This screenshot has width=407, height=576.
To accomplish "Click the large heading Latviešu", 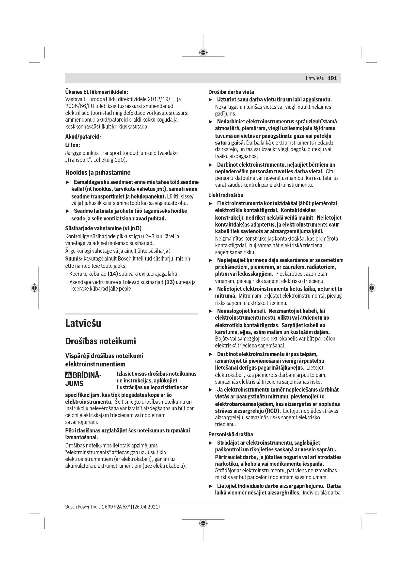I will coord(83,323).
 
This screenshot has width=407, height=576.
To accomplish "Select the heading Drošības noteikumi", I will coord(100,341).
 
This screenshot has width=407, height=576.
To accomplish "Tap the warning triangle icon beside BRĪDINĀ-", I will coord(68,375).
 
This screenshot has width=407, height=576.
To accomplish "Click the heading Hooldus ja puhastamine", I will coord(98,172).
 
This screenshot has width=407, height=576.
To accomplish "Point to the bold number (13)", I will coord(169,282).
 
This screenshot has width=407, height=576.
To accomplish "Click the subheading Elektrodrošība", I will coord(226,195).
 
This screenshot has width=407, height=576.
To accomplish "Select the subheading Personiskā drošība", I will coord(231,434).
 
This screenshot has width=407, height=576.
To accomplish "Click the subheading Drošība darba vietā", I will coord(231,92).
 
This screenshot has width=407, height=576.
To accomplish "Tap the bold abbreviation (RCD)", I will coord(272,411).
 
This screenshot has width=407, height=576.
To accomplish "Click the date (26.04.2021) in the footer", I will coord(146,507).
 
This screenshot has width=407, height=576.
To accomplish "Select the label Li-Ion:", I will coord(73,145).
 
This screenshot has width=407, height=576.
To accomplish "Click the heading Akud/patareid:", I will coord(83,137).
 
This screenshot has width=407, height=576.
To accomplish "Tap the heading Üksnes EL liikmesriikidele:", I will coord(96,92).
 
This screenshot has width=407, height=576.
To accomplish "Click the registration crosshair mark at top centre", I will coord(203,52).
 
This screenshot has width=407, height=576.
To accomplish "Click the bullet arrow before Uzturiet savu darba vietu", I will coord(211,100).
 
